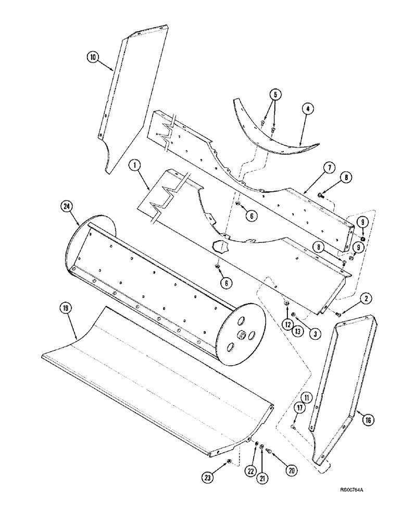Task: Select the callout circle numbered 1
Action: click(135, 167)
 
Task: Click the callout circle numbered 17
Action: click(300, 408)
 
